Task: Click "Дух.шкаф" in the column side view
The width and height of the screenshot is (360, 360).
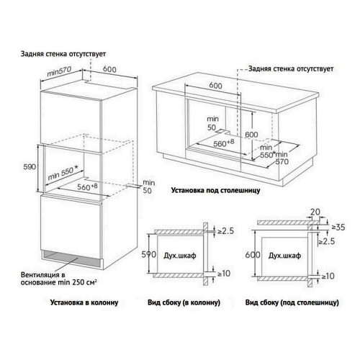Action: coord(178,255)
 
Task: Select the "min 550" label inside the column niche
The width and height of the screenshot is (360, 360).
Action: coord(63,175)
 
